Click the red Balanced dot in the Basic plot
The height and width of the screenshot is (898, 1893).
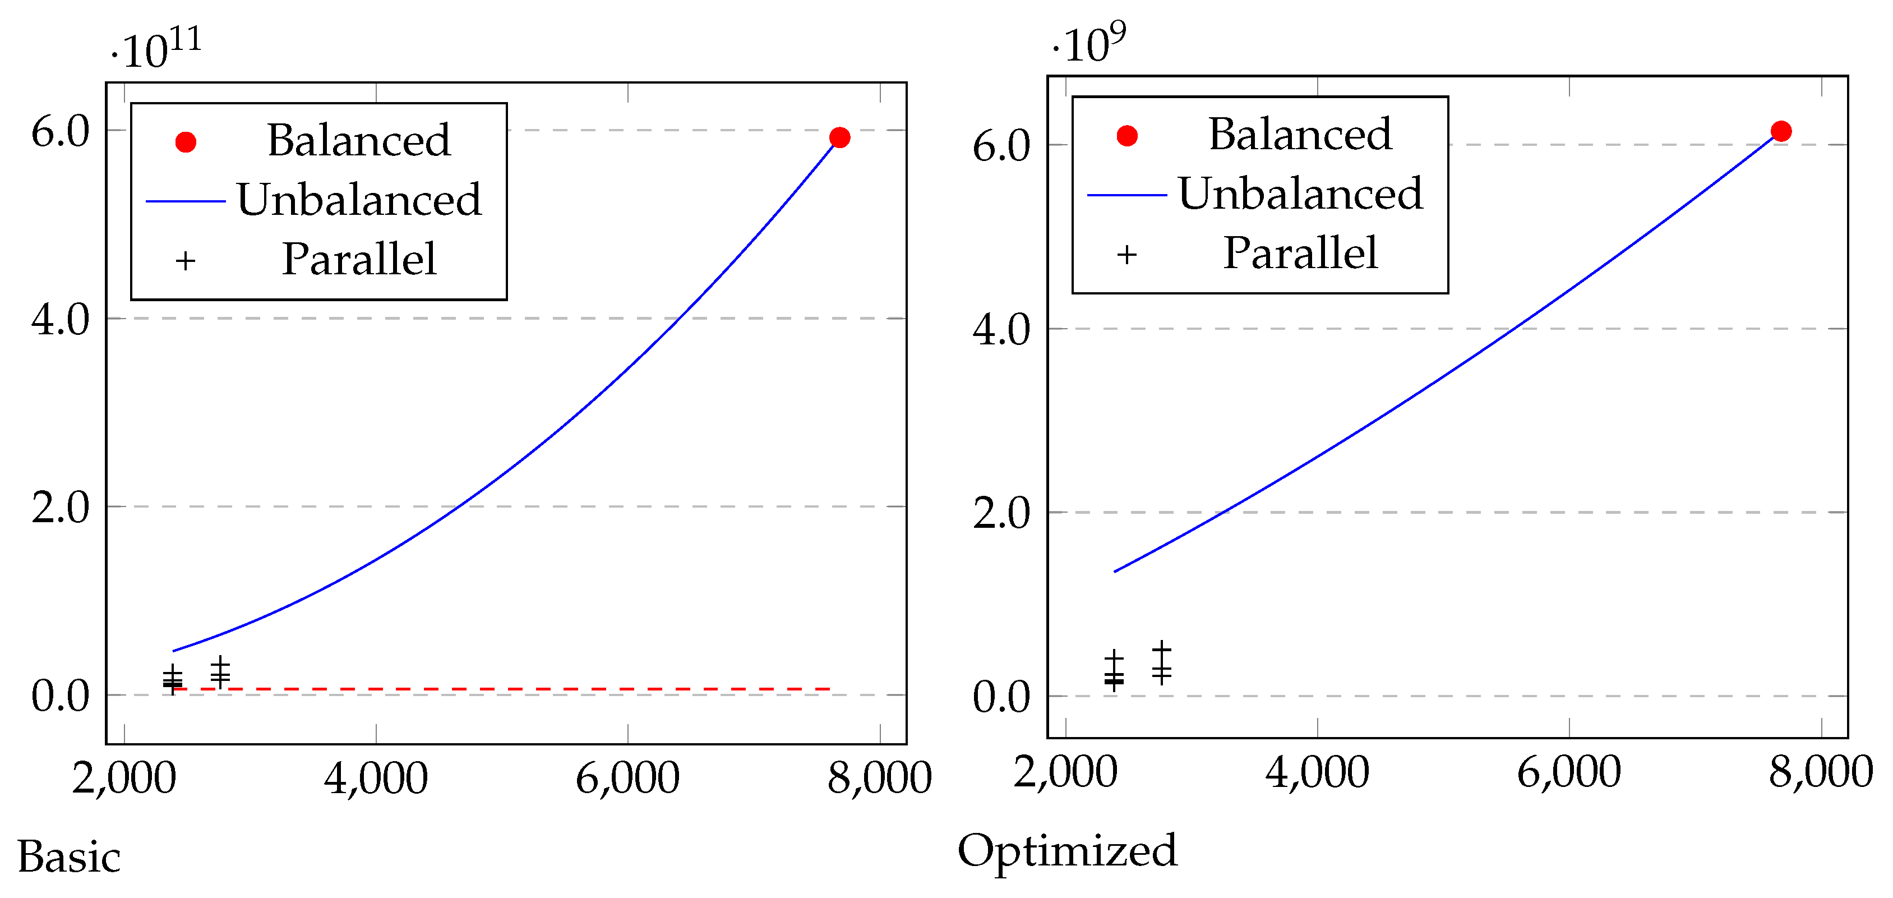pos(839,137)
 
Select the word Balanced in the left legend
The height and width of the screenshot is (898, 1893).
pos(359,140)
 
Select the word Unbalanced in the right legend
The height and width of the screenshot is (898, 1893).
pos(1300,194)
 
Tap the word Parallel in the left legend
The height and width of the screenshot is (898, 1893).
pos(359,259)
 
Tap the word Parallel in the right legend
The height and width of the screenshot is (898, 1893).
pos(1300,254)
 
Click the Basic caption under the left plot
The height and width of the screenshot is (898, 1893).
pos(69,857)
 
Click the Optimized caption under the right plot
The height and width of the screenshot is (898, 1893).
pos(1067,851)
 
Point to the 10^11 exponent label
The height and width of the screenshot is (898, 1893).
pos(156,48)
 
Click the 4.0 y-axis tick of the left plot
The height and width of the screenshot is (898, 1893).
pos(60,319)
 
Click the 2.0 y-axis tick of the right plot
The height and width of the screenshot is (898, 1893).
pos(1001,512)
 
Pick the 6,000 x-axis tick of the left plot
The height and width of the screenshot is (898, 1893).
pos(627,779)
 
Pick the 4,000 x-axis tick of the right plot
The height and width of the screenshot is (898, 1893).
pos(1317,773)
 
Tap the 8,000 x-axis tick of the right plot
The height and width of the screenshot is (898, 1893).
pos(1820,773)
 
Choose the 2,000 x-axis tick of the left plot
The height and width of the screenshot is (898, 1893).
pos(124,779)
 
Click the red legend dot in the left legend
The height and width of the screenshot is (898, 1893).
pos(186,142)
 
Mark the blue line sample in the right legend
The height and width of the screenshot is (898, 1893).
pos(1126,195)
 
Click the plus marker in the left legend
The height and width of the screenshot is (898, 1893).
pos(186,261)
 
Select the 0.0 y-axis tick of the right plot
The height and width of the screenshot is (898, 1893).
pos(1001,697)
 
